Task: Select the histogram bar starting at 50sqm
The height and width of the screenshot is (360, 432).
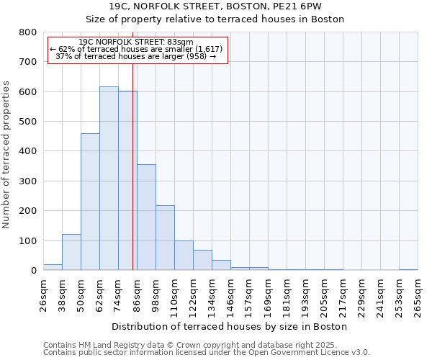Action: tap(90, 202)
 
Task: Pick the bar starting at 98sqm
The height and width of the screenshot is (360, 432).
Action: tap(165, 238)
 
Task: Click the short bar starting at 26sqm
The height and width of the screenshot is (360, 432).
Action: tap(53, 267)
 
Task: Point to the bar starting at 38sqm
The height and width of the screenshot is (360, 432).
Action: tap(71, 252)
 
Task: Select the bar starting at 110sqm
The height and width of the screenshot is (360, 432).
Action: tap(184, 256)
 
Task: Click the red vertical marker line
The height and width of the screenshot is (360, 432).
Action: tap(132, 180)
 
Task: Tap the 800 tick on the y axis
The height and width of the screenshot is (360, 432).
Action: tap(28, 32)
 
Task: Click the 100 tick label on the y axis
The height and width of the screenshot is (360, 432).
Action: tap(28, 240)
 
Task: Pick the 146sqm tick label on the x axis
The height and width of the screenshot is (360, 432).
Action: tap(230, 295)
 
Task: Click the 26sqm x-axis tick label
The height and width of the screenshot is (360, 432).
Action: tap(43, 295)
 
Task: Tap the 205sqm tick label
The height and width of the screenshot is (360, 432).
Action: tap(324, 295)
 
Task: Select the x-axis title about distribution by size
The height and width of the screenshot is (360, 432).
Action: tap(230, 326)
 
